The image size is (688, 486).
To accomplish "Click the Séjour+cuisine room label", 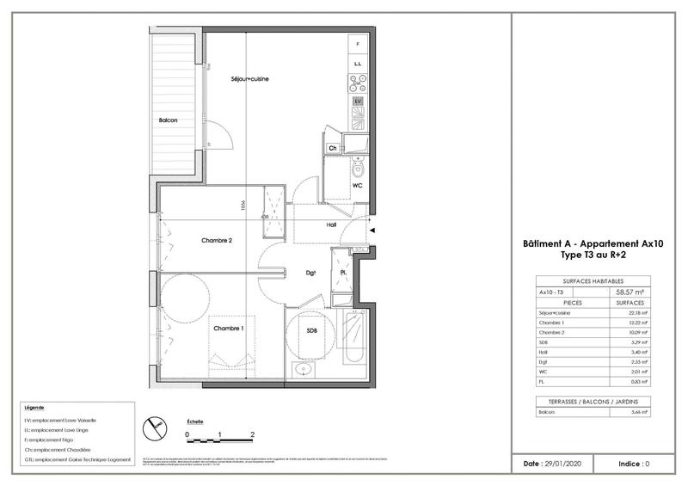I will coord(250,79).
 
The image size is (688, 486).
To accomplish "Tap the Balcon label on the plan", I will coord(168,120).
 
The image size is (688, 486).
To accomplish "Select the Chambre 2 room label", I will coord(217,241).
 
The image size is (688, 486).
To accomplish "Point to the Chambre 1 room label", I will coord(229,328).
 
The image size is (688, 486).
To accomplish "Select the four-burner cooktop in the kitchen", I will coord(359,84).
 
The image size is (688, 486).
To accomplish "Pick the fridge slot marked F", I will coord(359,44).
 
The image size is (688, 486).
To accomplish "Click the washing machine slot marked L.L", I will coord(359,65).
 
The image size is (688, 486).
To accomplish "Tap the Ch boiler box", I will coord(333,148).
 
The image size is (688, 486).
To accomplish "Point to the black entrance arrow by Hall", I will coord(372,230).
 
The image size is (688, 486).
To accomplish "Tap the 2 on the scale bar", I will coord(252,435).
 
